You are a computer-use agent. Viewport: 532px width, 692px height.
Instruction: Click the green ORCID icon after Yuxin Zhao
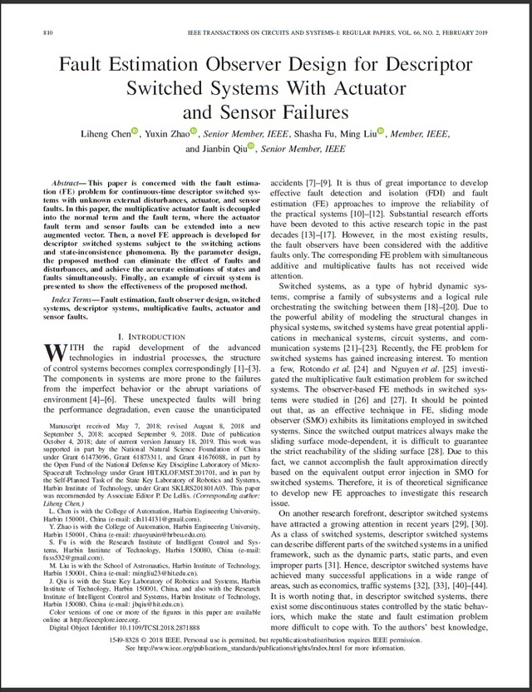click(194, 130)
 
